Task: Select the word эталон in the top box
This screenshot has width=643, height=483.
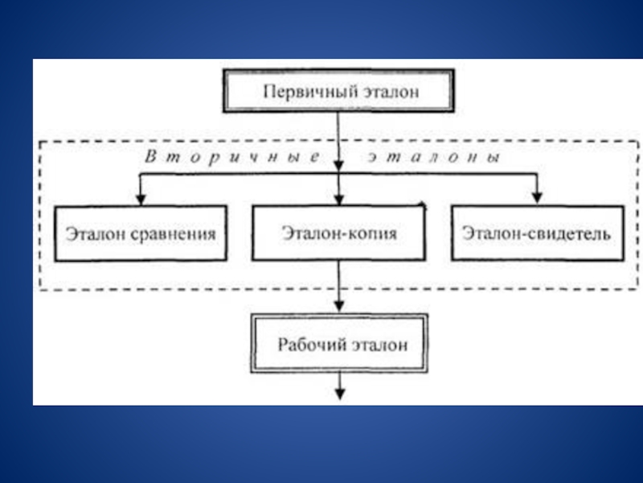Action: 389,92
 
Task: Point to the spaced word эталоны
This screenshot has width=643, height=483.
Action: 434,159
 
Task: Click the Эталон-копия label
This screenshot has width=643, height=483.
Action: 339,233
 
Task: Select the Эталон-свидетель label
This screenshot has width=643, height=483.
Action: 537,234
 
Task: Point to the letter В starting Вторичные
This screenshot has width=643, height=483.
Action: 150,159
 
